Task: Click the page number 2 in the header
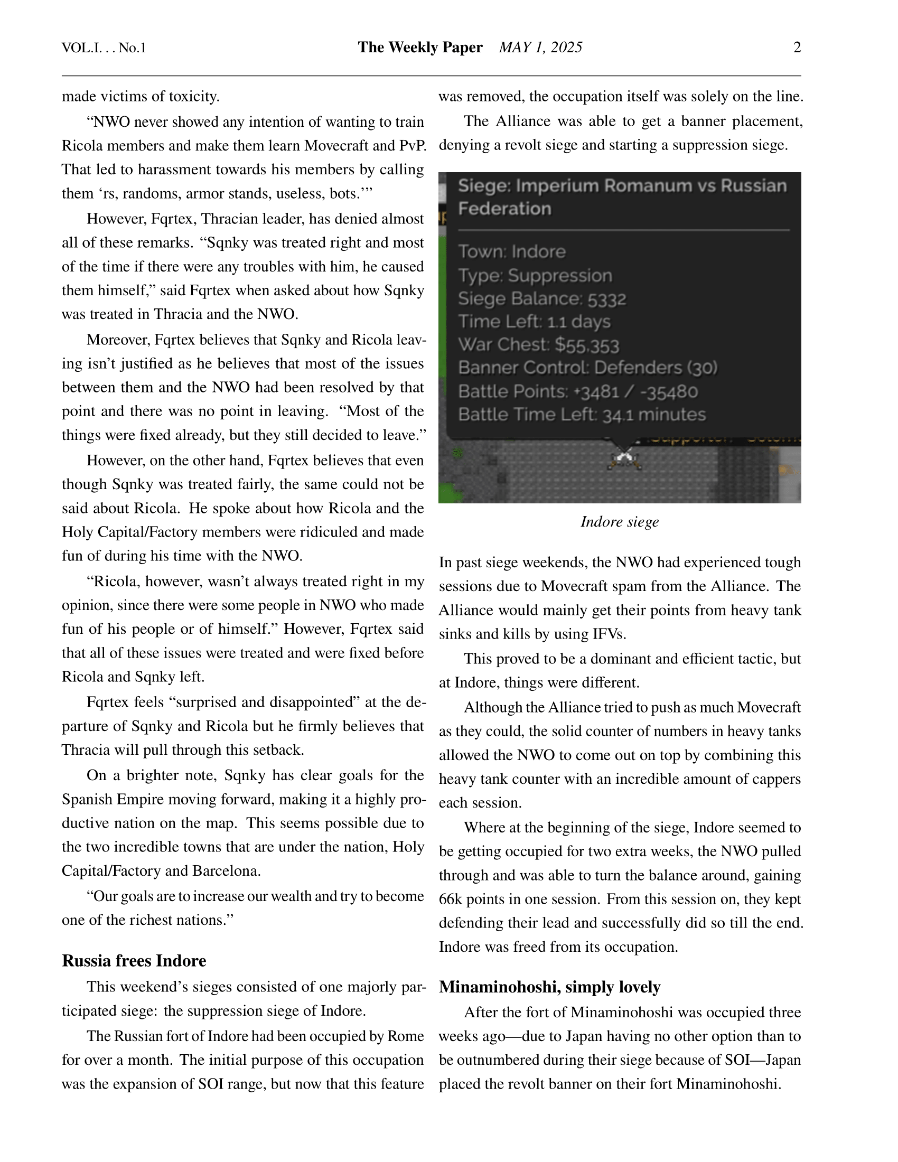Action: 797,48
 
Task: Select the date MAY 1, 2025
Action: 540,48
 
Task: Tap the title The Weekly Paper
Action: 420,48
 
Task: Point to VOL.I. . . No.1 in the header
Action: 104,49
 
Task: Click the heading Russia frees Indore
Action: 134,961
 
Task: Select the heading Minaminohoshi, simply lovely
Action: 549,987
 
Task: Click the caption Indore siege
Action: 619,522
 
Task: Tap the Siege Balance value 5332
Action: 606,299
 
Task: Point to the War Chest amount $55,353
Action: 587,346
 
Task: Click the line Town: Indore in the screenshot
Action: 512,251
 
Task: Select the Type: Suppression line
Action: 535,276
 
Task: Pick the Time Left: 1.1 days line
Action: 534,322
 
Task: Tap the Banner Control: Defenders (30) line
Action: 588,368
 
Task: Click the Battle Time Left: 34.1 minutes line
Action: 582,415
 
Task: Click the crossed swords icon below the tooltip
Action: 624,459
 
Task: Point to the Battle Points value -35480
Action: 669,392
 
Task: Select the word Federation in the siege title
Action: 504,209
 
